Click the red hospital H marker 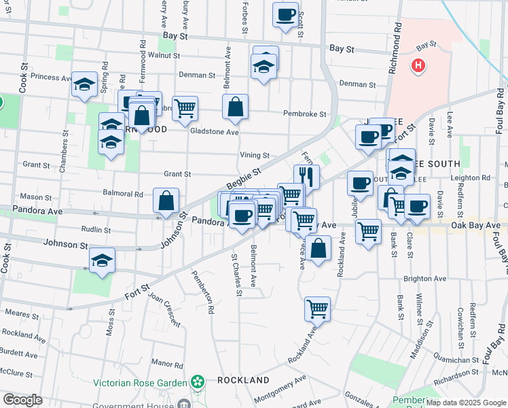[418, 66]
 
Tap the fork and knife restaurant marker [306, 177]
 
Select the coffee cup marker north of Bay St [286, 15]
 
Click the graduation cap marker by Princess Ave [84, 84]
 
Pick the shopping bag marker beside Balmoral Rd [166, 201]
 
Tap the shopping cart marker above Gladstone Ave [185, 107]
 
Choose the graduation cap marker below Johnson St [102, 260]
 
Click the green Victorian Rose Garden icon [197, 381]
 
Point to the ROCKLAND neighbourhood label [243, 380]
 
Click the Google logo [22, 400]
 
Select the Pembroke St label [305, 114]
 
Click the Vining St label [255, 156]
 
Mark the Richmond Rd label [396, 41]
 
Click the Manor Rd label [168, 364]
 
